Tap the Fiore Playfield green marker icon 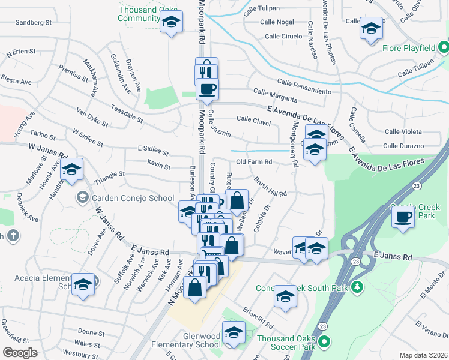point(443,46)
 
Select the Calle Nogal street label point(277,22)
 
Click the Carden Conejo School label point(125,197)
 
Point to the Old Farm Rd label point(254,162)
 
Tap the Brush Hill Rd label point(270,186)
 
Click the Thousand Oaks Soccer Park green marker point(324,343)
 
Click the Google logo point(20,353)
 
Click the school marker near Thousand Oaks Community point(172,23)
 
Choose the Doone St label point(91,332)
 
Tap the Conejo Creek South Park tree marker point(357,288)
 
